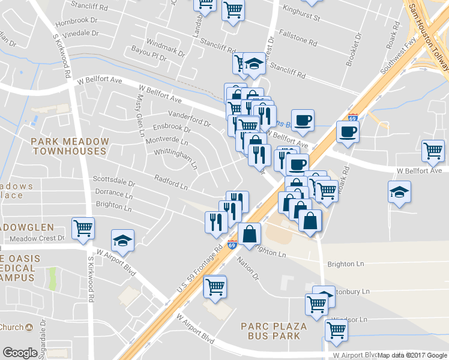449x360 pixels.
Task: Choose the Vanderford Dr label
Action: tap(189, 119)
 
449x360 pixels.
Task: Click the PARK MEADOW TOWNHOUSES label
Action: tap(70, 146)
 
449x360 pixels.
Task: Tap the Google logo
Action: tap(20, 353)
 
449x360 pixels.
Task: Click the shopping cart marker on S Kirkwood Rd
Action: tap(83, 228)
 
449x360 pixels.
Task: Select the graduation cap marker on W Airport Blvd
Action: tap(122, 240)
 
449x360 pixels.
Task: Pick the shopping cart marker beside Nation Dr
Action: tap(214, 286)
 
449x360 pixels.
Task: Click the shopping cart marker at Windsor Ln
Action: tap(336, 329)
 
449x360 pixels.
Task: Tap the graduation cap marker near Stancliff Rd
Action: tap(255, 63)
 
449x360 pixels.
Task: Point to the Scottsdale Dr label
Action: tap(114, 181)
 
